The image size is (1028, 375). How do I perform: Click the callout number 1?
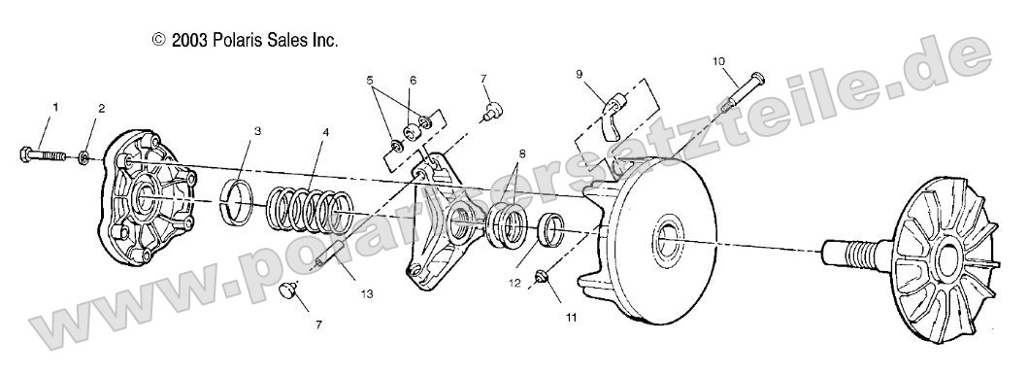(55, 106)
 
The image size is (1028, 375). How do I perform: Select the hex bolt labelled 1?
(43, 156)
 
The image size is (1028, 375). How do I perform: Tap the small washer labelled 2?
(84, 158)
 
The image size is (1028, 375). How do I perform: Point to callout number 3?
(257, 131)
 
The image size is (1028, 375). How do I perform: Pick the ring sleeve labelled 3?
(237, 201)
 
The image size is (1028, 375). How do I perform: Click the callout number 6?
(413, 80)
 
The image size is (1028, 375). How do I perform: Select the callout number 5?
(370, 80)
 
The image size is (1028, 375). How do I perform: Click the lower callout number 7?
(318, 324)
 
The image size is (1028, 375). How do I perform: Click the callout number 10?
(718, 61)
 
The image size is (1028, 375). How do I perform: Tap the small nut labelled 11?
(541, 277)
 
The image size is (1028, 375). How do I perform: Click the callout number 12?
(514, 284)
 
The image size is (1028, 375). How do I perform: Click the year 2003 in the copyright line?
(190, 41)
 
